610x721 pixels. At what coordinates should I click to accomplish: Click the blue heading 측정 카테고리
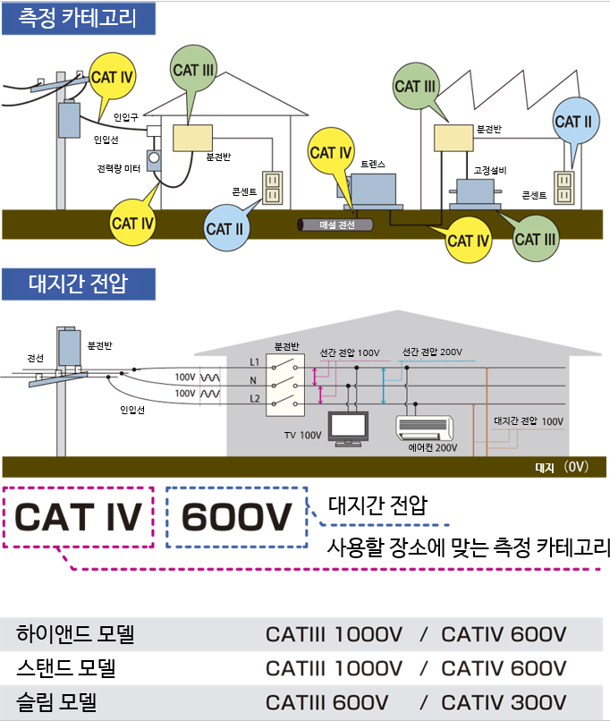[x=78, y=19]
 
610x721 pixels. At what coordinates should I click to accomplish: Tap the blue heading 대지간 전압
[x=78, y=284]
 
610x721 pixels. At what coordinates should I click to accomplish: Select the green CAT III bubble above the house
[x=193, y=70]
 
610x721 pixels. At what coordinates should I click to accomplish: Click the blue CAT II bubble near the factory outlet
[x=575, y=122]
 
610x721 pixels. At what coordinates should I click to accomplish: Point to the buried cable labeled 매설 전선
[x=335, y=225]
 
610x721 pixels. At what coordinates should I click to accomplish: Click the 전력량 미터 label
[x=119, y=169]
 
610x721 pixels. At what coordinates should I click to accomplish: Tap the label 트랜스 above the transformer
[x=373, y=165]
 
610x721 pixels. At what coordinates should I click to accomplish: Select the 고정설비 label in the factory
[x=490, y=171]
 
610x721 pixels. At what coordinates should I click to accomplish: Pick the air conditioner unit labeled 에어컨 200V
[x=424, y=428]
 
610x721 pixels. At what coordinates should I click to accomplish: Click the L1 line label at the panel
[x=254, y=362]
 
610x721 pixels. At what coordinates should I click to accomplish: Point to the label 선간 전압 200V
[x=432, y=352]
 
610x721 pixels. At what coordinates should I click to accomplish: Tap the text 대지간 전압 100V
[x=529, y=421]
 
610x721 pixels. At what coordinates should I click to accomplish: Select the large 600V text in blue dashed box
[x=237, y=517]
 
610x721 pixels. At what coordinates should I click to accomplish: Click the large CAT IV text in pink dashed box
[x=78, y=517]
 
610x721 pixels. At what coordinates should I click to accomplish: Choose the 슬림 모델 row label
[x=56, y=702]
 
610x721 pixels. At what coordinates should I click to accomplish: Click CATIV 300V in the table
[x=504, y=702]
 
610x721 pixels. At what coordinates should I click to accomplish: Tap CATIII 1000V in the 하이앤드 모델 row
[x=335, y=634]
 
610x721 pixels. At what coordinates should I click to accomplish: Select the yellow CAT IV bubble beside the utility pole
[x=112, y=77]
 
